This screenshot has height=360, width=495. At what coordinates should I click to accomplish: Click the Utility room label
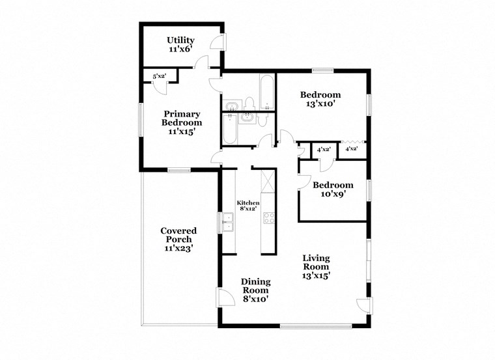tap(180, 44)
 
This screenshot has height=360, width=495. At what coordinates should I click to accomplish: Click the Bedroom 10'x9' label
tap(333, 189)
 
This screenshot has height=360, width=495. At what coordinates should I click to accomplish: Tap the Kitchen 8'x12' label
tap(247, 206)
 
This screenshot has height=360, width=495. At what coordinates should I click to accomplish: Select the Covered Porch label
tap(178, 239)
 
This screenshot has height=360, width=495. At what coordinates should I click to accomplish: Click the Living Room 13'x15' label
tap(316, 266)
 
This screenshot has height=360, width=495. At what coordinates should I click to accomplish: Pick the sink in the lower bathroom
tap(247, 117)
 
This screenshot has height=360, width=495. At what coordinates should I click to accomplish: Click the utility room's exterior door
tap(219, 42)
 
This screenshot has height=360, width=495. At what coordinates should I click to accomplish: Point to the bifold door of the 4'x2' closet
tap(352, 142)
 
